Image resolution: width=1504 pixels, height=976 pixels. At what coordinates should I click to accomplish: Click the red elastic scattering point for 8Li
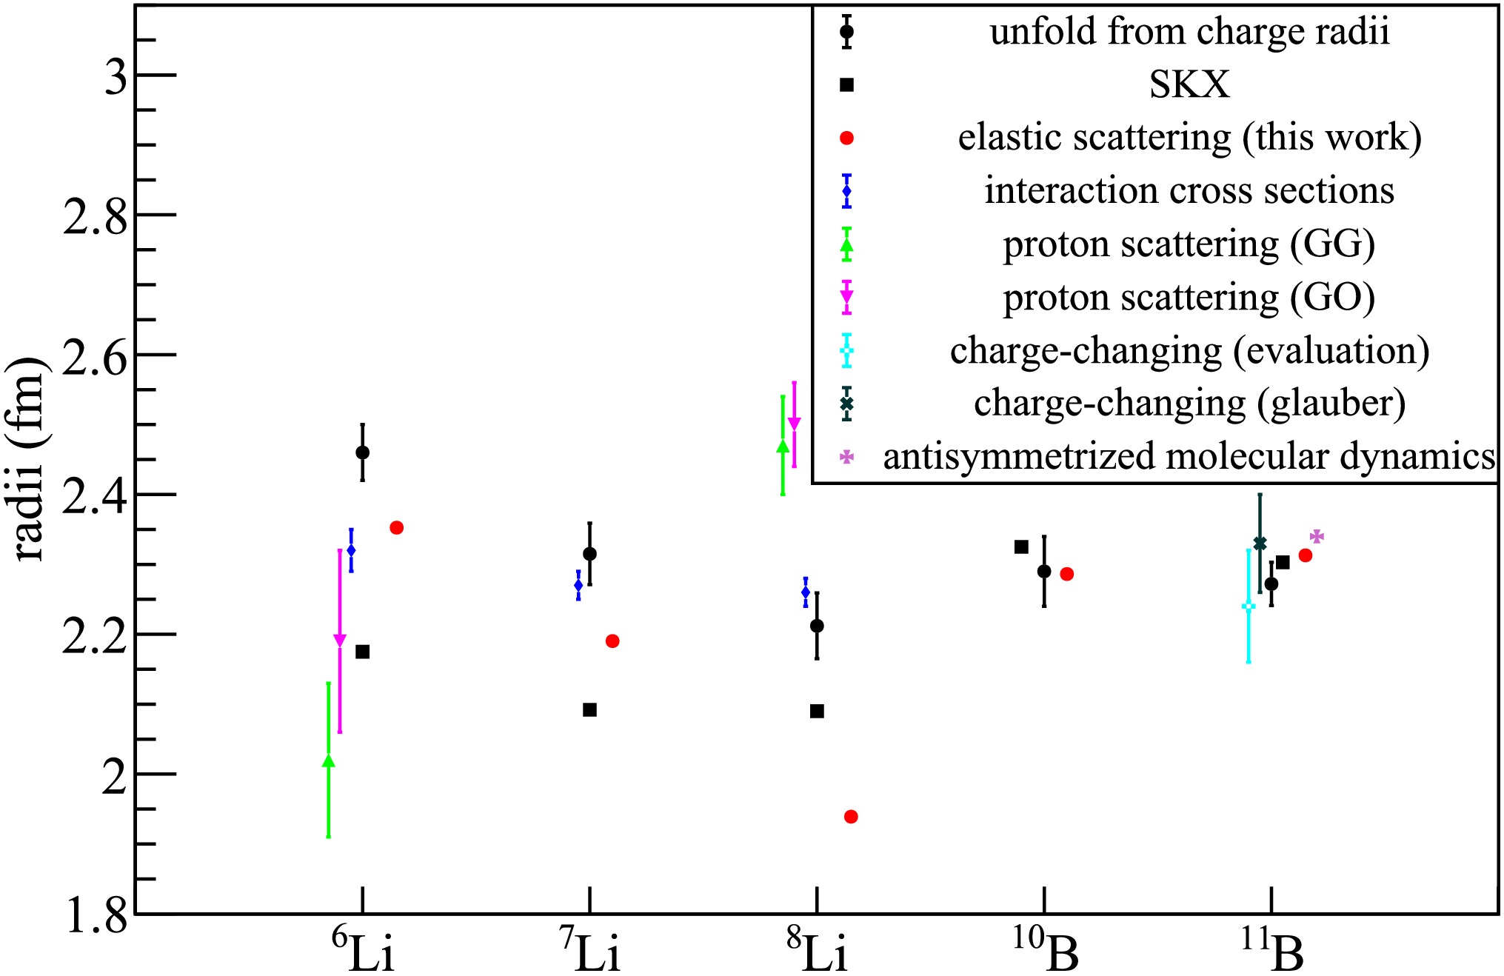851,817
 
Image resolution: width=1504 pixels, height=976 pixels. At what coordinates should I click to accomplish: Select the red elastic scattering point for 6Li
396,528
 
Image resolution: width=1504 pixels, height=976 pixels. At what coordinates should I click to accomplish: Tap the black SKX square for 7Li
589,710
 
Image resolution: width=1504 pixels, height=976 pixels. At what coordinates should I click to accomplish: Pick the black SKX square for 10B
1021,547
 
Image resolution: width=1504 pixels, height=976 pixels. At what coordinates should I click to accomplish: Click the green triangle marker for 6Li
328,761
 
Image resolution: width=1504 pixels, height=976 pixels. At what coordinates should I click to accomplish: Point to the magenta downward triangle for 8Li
794,424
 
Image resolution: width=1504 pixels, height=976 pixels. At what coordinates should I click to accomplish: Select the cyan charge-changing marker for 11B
1249,607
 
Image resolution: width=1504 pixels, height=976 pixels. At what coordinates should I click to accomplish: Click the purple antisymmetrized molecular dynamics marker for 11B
1317,536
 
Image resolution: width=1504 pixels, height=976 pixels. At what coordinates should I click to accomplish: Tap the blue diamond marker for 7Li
578,585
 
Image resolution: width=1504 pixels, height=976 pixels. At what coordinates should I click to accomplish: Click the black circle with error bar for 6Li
362,452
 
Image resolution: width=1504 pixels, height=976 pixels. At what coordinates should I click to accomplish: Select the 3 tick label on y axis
116,76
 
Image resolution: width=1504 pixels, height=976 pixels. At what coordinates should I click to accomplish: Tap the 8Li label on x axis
816,952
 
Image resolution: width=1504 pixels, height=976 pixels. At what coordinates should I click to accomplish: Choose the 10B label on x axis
1045,952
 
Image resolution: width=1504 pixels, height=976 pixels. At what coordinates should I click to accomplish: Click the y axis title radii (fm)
31,459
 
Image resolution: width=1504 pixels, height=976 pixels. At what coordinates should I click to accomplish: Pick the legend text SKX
1189,85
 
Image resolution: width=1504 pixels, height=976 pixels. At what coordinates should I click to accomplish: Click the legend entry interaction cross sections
1189,191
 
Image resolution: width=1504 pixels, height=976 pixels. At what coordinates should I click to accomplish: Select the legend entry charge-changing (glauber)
1189,404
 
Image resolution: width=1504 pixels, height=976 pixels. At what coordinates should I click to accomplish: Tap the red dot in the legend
847,138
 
